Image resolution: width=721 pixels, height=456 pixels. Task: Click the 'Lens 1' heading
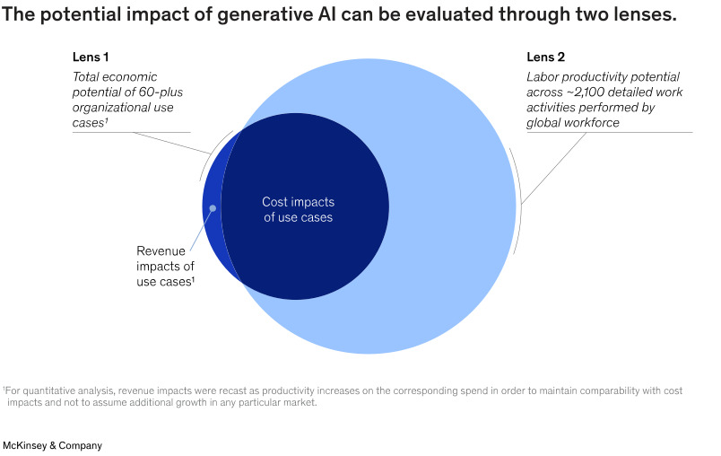click(91, 57)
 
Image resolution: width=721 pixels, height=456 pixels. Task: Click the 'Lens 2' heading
click(546, 57)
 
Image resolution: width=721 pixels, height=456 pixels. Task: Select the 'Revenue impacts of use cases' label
click(165, 266)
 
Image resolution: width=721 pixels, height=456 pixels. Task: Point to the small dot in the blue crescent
click(213, 208)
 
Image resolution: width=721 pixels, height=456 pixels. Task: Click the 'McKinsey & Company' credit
click(53, 445)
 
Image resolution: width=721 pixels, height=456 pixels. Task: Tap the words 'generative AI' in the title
click(244, 17)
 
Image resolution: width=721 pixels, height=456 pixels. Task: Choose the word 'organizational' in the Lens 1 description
click(112, 107)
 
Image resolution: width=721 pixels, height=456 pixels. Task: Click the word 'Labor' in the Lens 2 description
click(543, 76)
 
